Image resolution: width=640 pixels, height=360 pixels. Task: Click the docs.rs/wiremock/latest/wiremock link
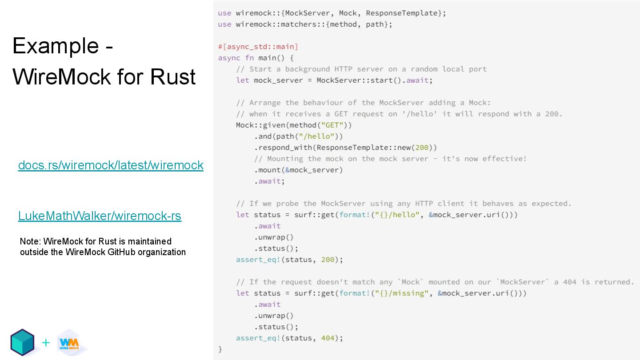(x=111, y=165)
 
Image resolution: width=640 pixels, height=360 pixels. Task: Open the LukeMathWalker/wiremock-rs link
(x=100, y=216)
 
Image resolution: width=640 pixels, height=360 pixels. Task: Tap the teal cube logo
(x=23, y=342)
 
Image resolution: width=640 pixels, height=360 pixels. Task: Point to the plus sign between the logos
(x=46, y=343)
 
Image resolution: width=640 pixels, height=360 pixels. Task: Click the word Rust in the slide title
(x=173, y=76)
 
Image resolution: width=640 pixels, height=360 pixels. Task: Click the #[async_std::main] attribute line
(x=258, y=47)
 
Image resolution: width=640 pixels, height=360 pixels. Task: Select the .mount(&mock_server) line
(x=298, y=170)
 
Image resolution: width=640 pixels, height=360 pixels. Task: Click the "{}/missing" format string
(x=402, y=293)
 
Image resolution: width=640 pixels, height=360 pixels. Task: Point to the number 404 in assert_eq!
(x=328, y=338)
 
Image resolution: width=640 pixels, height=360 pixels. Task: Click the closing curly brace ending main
(x=220, y=349)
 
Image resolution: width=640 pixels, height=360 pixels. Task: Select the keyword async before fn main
(x=229, y=58)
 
